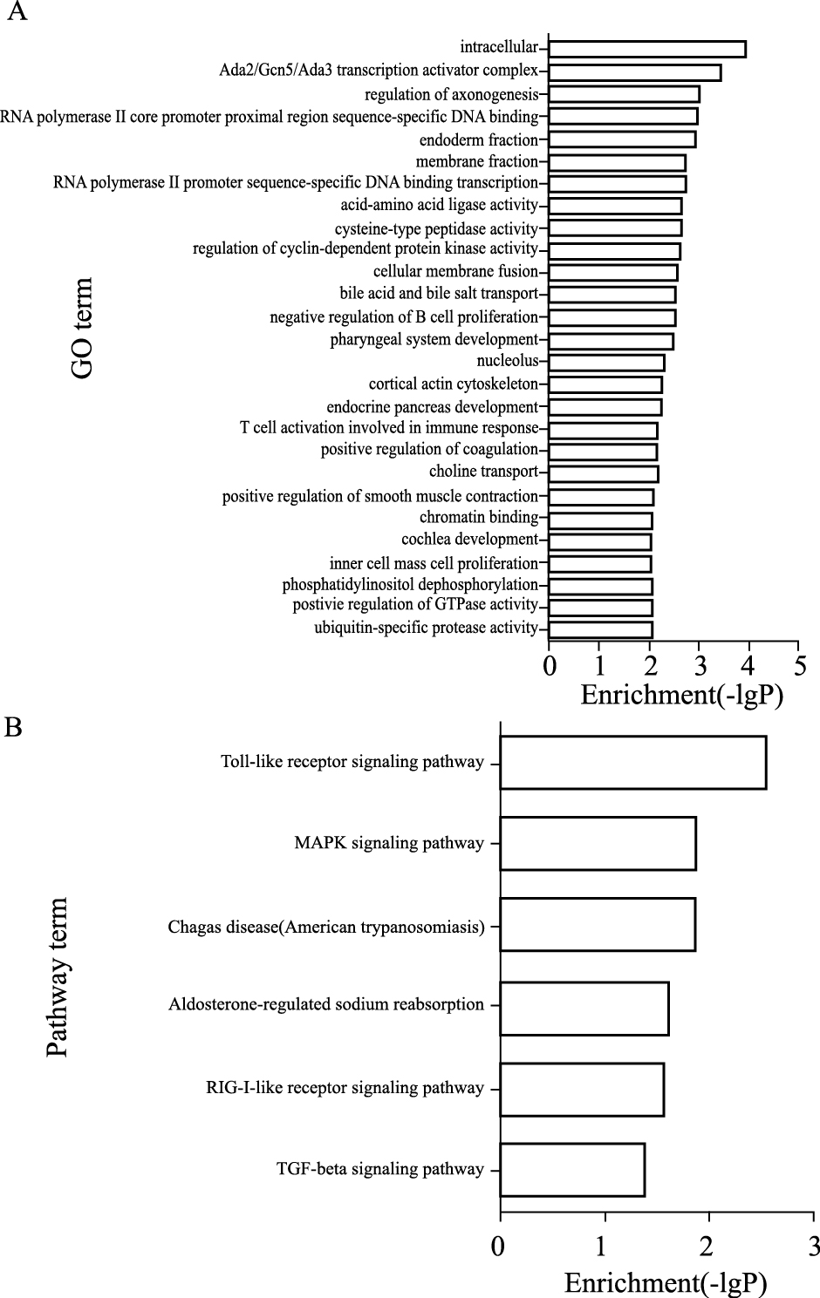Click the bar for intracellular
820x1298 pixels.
647,49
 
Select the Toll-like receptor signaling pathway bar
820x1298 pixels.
632,763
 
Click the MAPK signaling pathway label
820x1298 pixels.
389,843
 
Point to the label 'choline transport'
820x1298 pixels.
483,472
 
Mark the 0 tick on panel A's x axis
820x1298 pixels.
550,666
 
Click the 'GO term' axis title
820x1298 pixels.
81,328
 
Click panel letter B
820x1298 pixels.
13,726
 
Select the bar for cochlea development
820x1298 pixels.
600,541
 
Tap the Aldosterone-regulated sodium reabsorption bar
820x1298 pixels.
584,1009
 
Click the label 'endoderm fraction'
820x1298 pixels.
478,140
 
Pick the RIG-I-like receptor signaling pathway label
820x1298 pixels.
345,1088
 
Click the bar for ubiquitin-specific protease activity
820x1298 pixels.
600,629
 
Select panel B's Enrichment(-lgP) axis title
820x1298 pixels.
666,1282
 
